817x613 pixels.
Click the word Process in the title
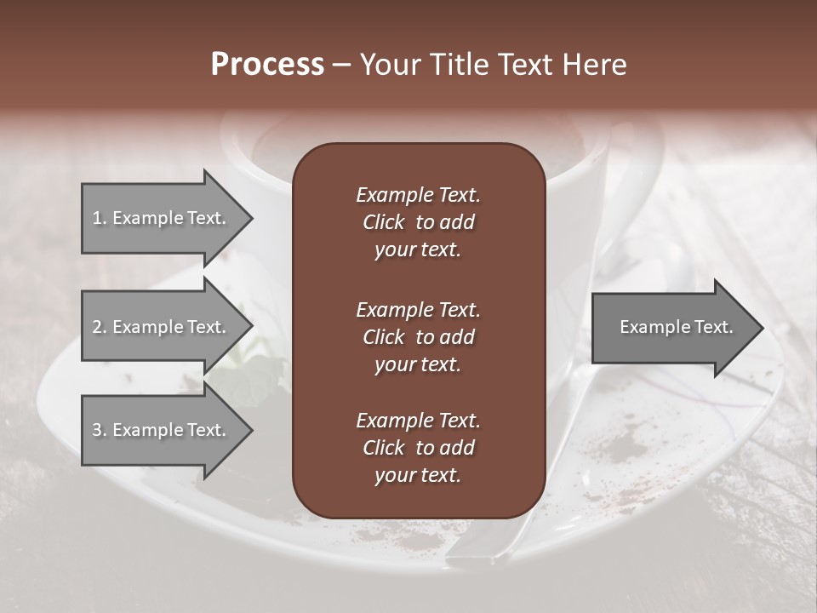click(x=267, y=65)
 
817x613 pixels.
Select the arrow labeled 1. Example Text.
click(x=162, y=218)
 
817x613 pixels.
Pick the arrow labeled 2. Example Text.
click(x=162, y=327)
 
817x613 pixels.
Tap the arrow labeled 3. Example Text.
click(x=162, y=430)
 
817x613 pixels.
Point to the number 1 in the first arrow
click(x=97, y=218)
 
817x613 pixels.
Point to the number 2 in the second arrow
click(x=97, y=327)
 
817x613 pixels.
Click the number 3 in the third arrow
click(x=97, y=430)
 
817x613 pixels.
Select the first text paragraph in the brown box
click(x=418, y=222)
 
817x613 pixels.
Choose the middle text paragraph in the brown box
click(x=418, y=337)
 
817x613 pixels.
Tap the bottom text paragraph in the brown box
click(x=418, y=448)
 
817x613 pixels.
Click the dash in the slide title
click(x=342, y=66)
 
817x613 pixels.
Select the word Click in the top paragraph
click(x=383, y=222)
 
